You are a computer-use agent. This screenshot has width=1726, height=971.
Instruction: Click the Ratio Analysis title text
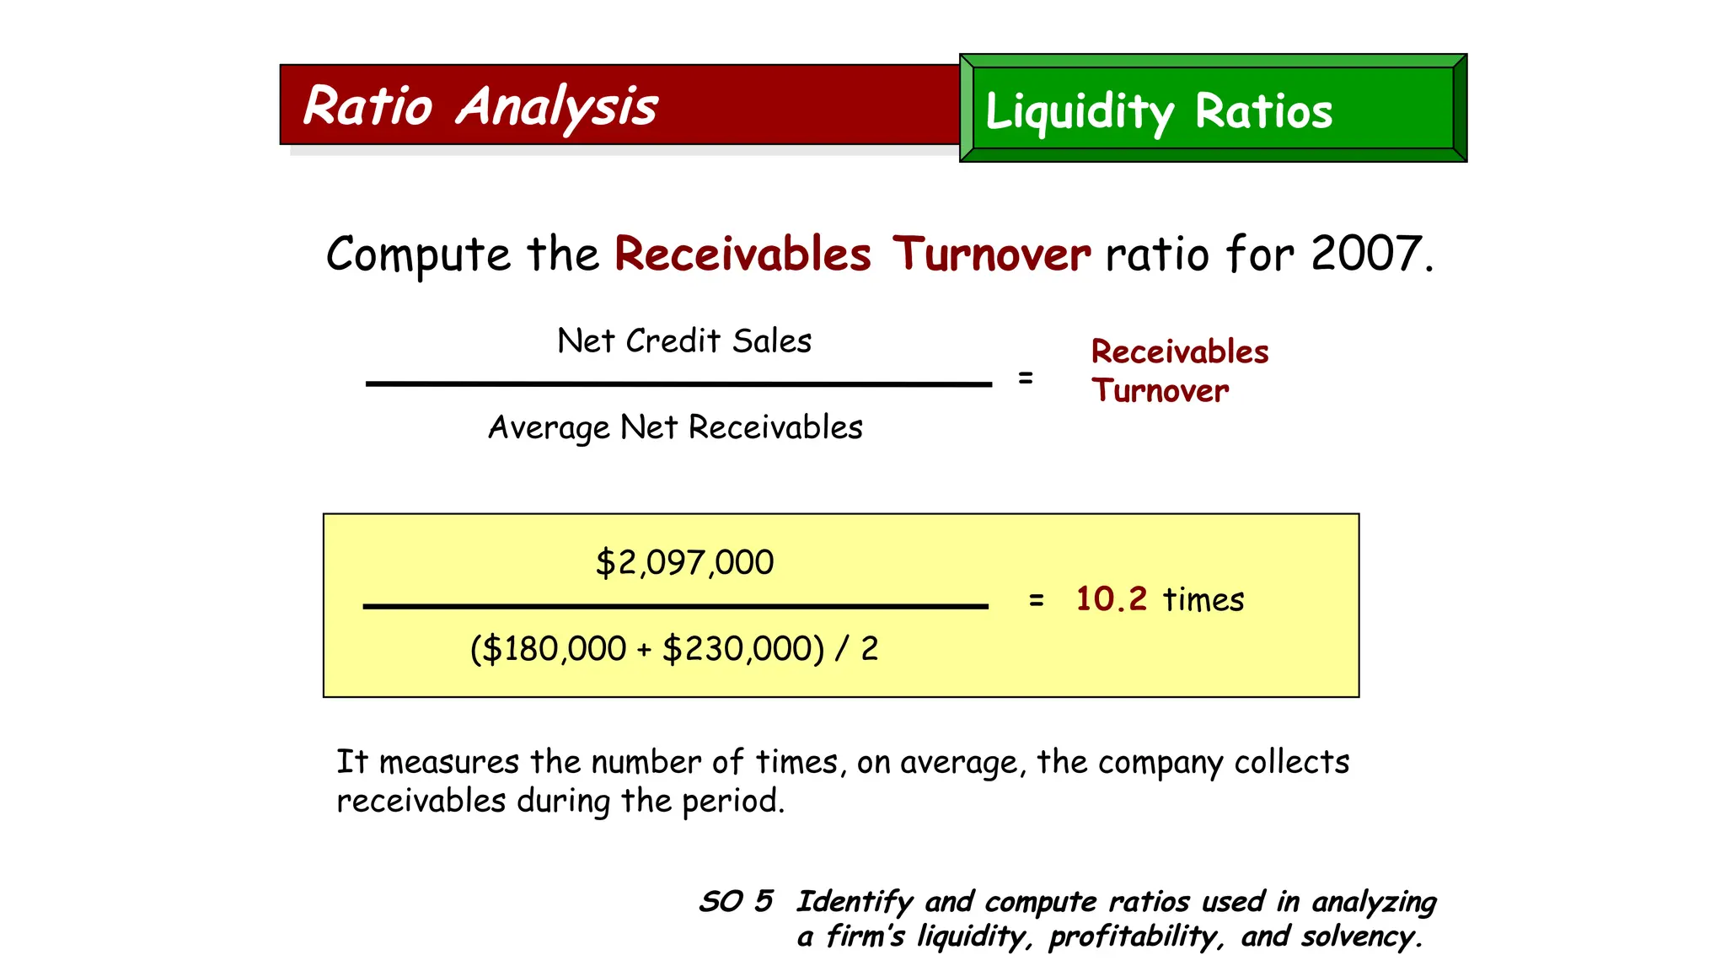tap(480, 107)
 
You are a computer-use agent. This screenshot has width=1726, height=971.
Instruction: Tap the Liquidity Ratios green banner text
tap(1159, 111)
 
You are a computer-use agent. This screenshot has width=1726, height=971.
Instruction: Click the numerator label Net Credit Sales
tap(684, 341)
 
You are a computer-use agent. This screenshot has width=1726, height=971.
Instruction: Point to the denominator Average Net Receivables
tap(676, 428)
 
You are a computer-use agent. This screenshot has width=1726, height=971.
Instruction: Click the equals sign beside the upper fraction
tap(1025, 378)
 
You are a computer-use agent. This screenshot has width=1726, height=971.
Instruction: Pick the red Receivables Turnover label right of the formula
tap(1179, 371)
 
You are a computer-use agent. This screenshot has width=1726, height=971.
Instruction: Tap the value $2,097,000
tap(684, 562)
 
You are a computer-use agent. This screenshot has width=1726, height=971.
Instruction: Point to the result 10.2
tap(1111, 599)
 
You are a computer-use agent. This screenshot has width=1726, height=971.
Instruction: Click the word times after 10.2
tap(1203, 600)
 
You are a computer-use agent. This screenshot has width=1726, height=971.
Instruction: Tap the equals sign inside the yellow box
tap(1037, 600)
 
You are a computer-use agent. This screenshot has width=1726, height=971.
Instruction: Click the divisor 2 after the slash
tap(869, 649)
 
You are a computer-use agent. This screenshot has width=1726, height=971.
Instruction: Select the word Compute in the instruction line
tap(418, 255)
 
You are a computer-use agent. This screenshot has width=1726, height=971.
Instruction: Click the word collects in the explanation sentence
tap(1292, 762)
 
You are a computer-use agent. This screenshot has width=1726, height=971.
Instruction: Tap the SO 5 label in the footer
tap(736, 901)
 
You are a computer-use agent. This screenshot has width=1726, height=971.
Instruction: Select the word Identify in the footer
tap(855, 902)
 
